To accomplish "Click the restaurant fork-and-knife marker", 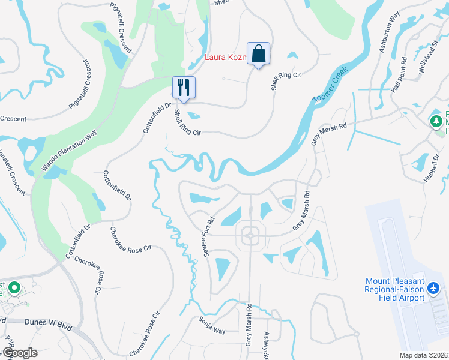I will [x=184, y=87].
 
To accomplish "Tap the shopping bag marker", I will [x=258, y=54].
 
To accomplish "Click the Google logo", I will [x=19, y=353].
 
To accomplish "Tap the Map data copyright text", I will [x=423, y=355].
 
